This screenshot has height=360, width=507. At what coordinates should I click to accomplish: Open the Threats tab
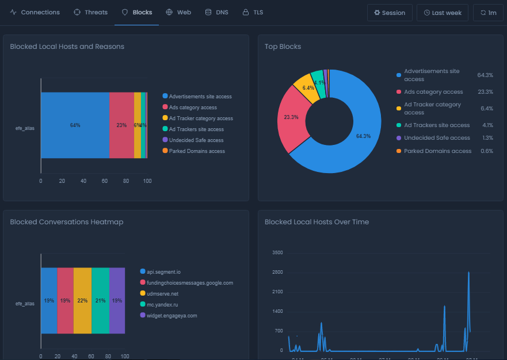pyautogui.click(x=90, y=12)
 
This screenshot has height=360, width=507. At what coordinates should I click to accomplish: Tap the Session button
pyautogui.click(x=390, y=13)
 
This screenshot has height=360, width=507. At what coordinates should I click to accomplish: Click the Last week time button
pyautogui.click(x=443, y=13)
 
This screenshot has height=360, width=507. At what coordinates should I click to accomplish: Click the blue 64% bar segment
pyautogui.click(x=75, y=125)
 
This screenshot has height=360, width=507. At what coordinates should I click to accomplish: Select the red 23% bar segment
pyautogui.click(x=121, y=125)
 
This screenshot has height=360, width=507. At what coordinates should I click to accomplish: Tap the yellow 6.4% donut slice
pyautogui.click(x=307, y=88)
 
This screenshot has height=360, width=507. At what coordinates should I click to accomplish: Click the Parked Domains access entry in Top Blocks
pyautogui.click(x=437, y=151)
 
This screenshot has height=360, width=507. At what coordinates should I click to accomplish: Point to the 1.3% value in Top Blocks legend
pyautogui.click(x=486, y=138)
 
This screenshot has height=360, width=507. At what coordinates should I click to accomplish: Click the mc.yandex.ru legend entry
pyautogui.click(x=163, y=304)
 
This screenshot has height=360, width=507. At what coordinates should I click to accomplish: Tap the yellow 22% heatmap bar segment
pyautogui.click(x=82, y=300)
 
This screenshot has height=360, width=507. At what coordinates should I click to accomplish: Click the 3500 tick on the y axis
pyautogui.click(x=277, y=253)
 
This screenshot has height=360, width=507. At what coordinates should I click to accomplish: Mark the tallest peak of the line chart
pyautogui.click(x=468, y=273)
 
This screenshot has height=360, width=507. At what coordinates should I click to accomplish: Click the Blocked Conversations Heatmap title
pyautogui.click(x=66, y=222)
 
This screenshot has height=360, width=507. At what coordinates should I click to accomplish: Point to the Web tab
pyautogui.click(x=178, y=12)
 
